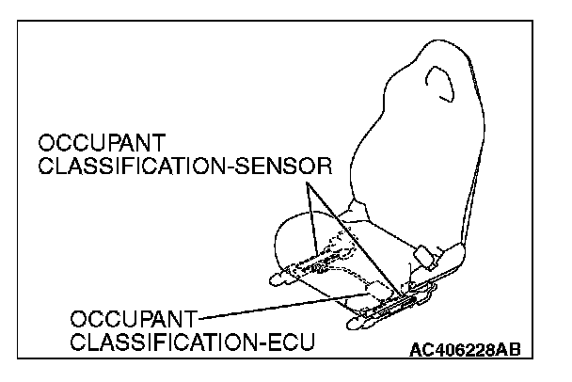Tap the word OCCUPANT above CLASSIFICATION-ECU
131,319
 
